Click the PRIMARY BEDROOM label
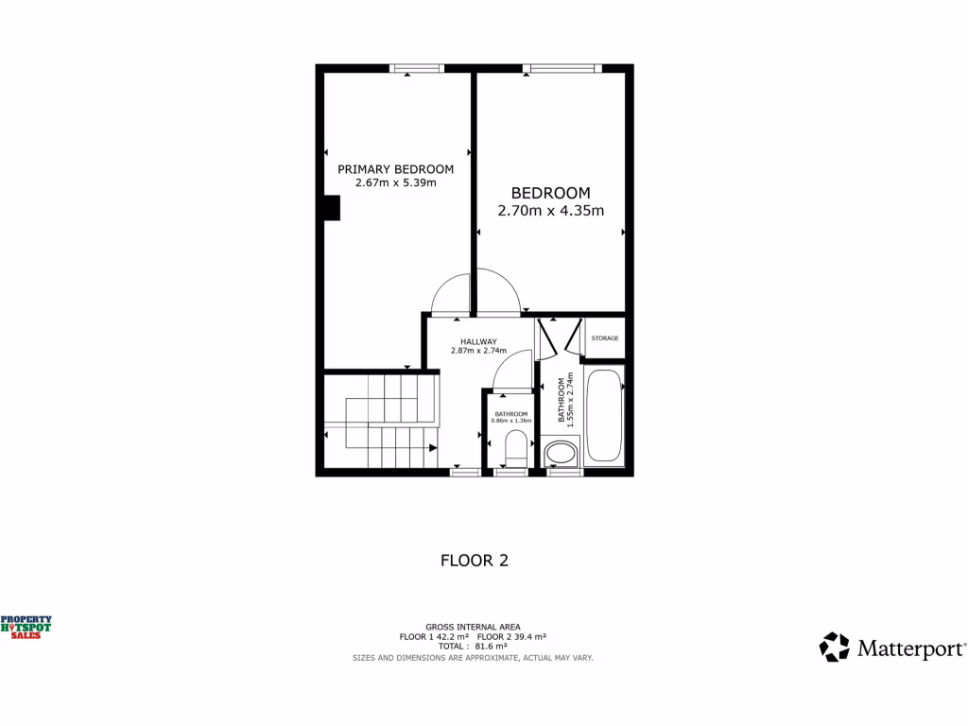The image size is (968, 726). pos(396,169)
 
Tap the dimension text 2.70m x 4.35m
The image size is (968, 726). pos(550,211)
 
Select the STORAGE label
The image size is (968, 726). pos(605,337)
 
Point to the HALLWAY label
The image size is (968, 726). pos(479,341)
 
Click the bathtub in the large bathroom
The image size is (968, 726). pos(604,418)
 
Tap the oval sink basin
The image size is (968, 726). pos(560,455)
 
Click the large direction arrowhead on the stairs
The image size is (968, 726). pos(431,448)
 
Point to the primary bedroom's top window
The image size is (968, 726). pos(417,67)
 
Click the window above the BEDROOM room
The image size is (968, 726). pos(562,67)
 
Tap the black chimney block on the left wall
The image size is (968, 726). pos(331,208)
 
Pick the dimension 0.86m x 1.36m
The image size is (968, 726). pos(512,421)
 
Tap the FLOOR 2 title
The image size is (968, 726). pos(475,560)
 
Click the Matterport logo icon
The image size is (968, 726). pos(835,648)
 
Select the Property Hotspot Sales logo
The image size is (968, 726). pos(26,626)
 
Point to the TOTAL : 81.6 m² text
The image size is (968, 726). pos(473,647)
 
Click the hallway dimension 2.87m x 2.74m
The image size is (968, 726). pos(479,351)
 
